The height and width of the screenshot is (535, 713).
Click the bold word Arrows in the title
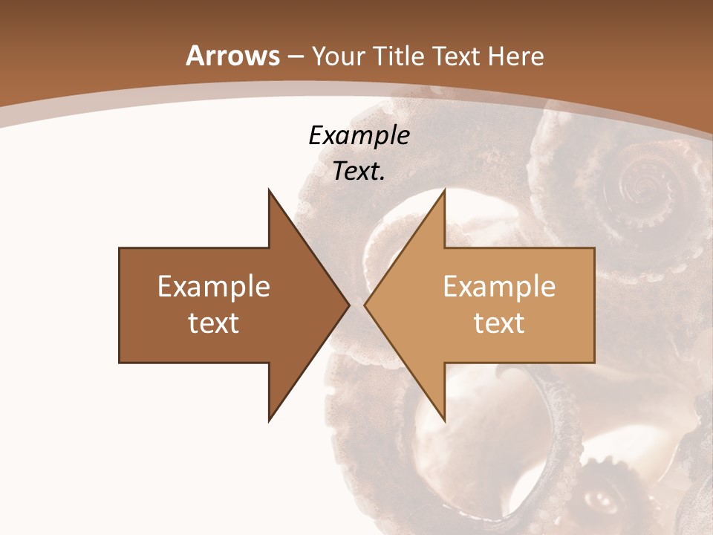tap(232, 56)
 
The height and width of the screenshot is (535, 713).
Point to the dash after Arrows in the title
tap(295, 57)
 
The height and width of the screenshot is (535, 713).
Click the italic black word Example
tap(359, 135)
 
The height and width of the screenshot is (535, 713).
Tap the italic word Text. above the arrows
tap(359, 171)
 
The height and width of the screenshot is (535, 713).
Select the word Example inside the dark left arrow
tap(213, 287)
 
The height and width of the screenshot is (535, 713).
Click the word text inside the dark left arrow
tap(213, 323)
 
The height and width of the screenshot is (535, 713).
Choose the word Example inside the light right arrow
tap(499, 287)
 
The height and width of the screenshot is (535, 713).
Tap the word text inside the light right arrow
tap(499, 323)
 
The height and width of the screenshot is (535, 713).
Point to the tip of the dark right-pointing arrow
tap(349, 305)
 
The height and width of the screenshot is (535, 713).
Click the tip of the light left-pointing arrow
tap(365, 305)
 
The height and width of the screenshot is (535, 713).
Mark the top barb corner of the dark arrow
tap(269, 189)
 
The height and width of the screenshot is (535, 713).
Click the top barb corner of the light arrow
tap(444, 189)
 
